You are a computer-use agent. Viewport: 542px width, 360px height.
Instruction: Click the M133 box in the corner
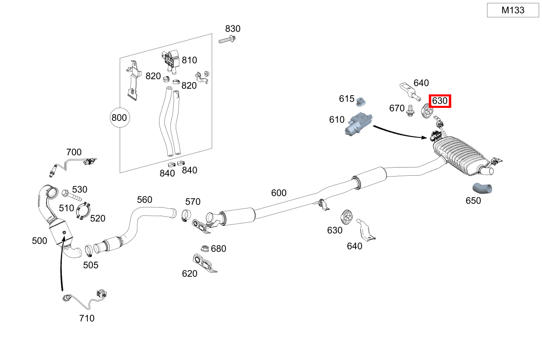pos(513,10)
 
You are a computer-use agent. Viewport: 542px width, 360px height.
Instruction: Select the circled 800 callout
pos(119,118)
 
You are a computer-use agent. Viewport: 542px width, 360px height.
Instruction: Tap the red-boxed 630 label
pos(439,101)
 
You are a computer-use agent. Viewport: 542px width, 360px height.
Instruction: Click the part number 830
pos(233,29)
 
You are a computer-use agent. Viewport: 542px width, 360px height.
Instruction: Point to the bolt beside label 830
pos(227,40)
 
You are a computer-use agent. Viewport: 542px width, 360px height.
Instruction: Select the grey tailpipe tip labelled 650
pos(482,188)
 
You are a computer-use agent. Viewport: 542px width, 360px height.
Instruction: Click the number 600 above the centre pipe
pos(279,193)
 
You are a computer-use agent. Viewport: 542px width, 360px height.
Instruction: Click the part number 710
pos(87,318)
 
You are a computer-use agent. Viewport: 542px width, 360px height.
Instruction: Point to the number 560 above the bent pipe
pos(144,199)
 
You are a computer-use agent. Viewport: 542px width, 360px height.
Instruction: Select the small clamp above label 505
pos(89,249)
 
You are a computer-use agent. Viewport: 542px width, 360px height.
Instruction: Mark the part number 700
pos(74,152)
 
